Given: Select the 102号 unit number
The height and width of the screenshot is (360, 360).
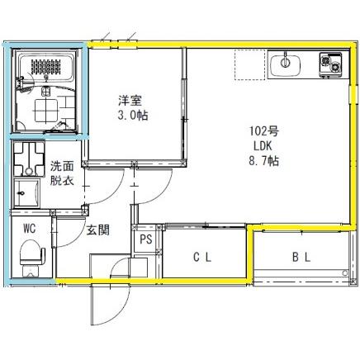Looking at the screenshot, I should [259, 130].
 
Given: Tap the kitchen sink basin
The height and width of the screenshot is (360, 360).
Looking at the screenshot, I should [286, 61].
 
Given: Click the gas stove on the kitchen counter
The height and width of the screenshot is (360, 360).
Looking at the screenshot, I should [332, 60].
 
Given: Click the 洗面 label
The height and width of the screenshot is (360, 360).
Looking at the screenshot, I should [62, 164].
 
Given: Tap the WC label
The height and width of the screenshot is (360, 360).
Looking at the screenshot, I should [30, 227].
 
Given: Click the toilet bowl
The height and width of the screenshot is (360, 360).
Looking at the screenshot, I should [30, 254].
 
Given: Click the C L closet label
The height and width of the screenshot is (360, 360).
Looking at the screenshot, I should [202, 257].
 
